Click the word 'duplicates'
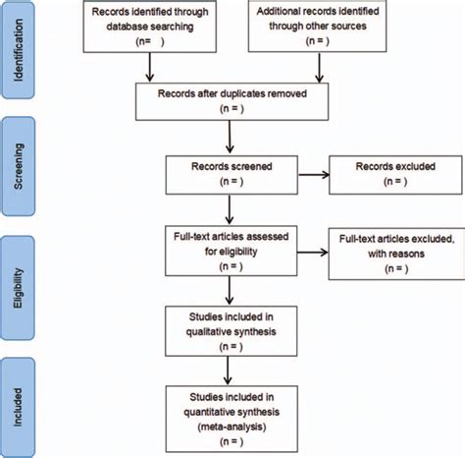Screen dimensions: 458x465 (x=235, y=95)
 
